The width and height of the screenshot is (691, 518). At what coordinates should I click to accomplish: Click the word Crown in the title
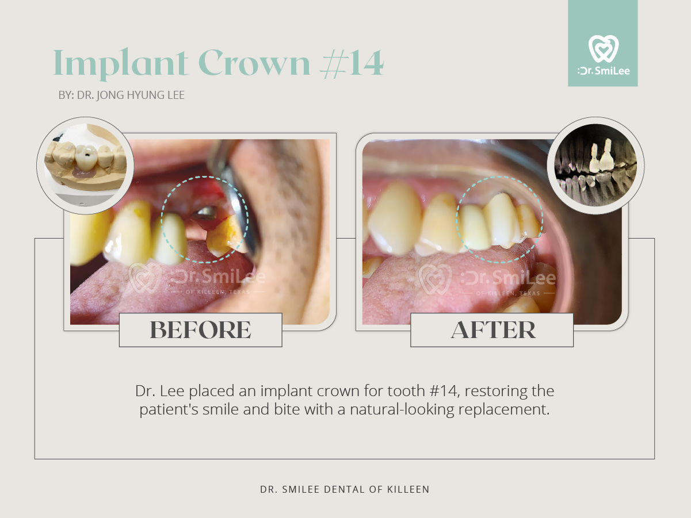pos(254,63)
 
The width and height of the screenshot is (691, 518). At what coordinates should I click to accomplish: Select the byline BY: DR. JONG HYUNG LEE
pos(121,95)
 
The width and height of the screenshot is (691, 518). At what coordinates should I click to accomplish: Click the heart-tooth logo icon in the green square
pos(604,49)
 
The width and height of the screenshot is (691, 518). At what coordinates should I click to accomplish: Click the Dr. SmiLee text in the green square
pos(604,71)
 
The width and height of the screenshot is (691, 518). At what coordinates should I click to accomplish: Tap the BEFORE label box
pos(201,330)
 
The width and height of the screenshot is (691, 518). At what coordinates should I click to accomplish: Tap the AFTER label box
pos(492,330)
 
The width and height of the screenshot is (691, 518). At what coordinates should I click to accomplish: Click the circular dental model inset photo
pos(85,166)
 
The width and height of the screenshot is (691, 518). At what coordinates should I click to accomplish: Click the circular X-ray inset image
pos(595,166)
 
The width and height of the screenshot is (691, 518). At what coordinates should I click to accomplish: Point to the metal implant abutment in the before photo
pos(205,213)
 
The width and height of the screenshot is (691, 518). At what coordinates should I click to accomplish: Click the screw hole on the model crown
pos(86,155)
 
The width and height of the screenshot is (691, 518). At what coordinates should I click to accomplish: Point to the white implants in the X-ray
pos(601,156)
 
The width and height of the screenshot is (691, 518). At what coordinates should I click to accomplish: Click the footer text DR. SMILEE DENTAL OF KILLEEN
pos(345,489)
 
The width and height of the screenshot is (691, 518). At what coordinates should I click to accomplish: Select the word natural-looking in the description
pos(402,409)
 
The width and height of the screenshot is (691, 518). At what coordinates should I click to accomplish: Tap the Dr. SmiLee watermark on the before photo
pos(197,278)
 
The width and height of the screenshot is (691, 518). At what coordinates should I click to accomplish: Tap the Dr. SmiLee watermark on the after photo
pos(487,279)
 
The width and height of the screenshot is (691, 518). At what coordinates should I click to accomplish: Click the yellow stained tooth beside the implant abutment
pos(225,236)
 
